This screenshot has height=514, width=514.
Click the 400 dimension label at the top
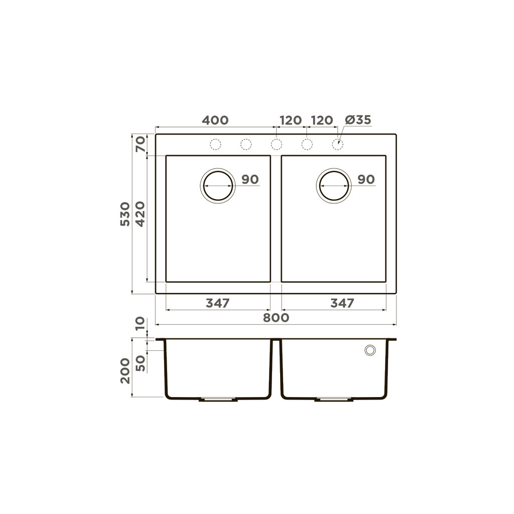[215, 120]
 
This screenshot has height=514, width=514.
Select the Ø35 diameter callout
[358, 120]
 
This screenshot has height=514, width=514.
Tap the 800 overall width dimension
[276, 317]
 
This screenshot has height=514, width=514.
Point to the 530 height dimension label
[125, 214]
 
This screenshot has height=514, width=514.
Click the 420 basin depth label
[140, 214]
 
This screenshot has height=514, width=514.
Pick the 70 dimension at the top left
[140, 145]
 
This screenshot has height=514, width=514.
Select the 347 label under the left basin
[217, 303]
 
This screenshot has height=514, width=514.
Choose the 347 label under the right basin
[342, 303]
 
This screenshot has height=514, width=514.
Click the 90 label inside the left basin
[249, 180]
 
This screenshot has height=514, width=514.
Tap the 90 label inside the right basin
[366, 180]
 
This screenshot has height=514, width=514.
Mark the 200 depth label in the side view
[125, 371]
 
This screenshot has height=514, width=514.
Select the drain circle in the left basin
[217, 185]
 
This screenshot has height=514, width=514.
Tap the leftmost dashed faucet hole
[215, 145]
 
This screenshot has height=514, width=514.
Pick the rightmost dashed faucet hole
[338, 145]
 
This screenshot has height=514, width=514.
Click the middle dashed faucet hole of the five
[276, 145]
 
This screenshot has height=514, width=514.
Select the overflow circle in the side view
[370, 350]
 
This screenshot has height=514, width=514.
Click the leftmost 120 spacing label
[290, 120]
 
